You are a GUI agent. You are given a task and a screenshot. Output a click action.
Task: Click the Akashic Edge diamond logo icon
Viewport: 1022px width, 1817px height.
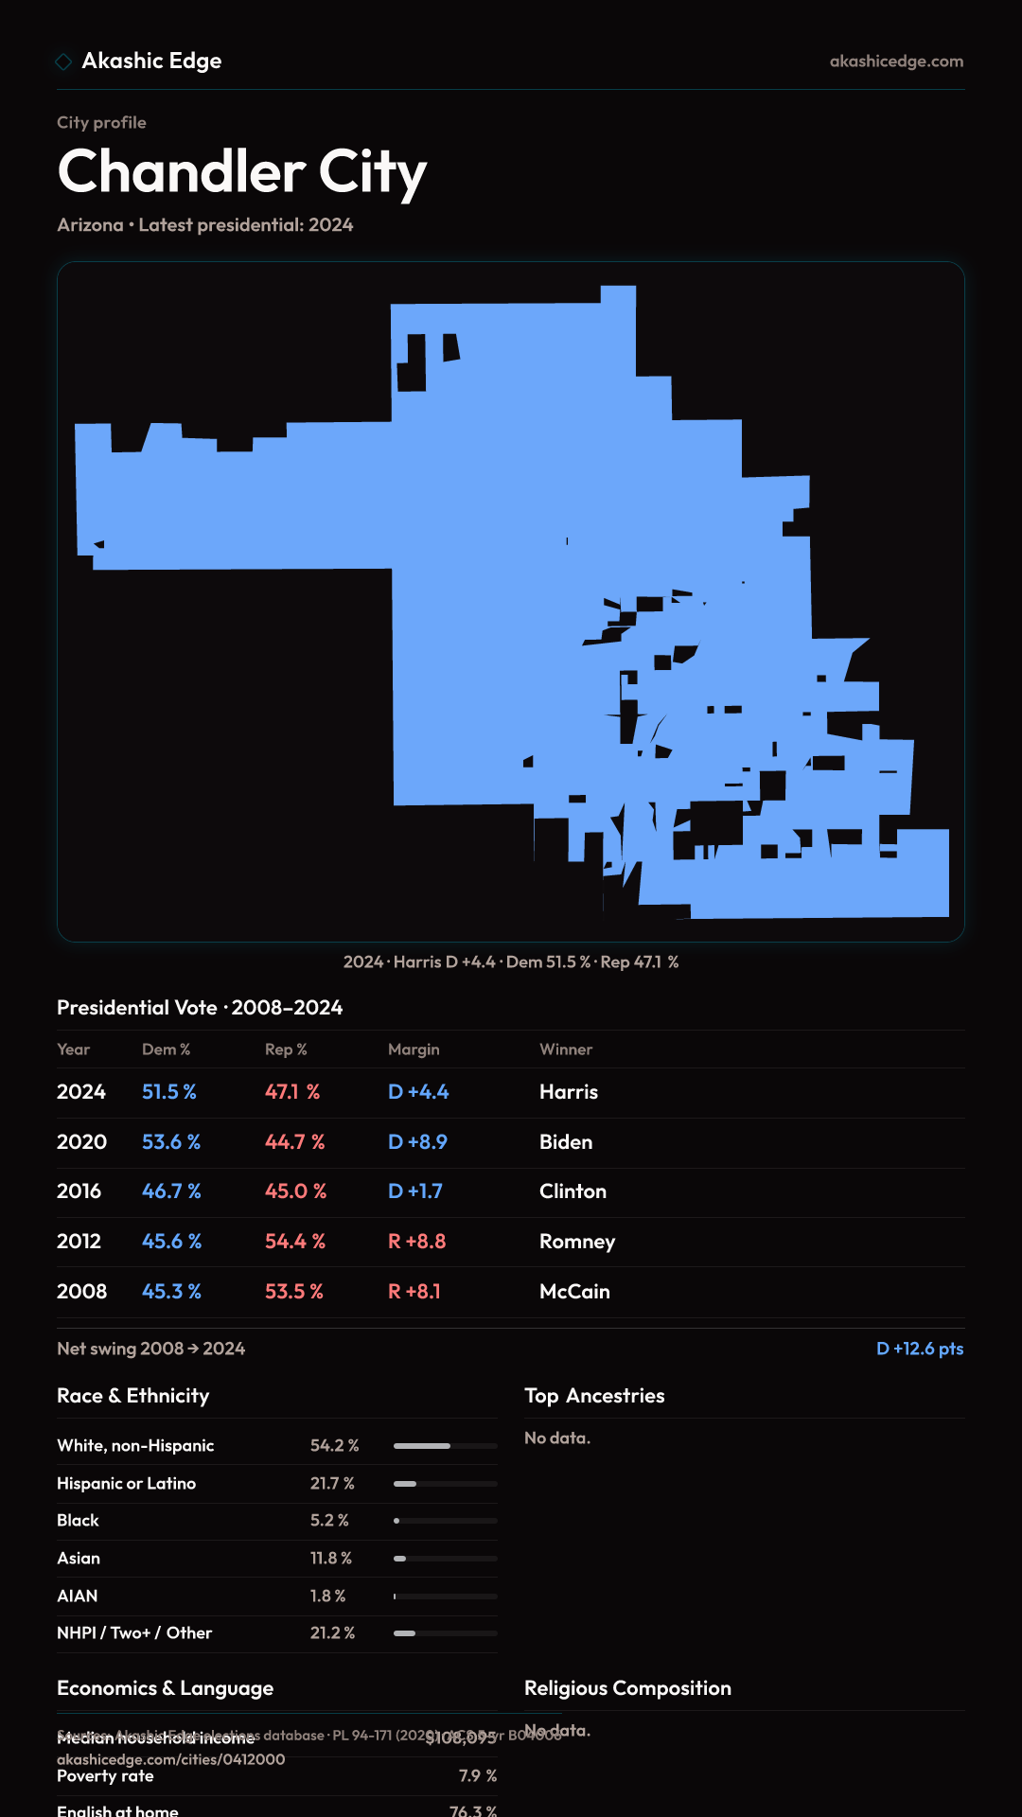63,62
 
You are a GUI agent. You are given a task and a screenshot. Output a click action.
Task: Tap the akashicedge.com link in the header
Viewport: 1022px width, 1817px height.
896,62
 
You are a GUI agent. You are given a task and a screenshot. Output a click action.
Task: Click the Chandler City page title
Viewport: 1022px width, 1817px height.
242,172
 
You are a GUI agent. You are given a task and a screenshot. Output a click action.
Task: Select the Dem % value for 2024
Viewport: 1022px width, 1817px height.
169,1092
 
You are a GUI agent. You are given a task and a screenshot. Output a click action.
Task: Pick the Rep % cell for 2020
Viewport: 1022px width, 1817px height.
294,1142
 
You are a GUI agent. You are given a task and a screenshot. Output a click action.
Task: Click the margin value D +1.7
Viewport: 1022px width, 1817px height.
415,1191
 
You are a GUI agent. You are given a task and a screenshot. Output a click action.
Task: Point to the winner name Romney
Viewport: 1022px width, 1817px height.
577,1242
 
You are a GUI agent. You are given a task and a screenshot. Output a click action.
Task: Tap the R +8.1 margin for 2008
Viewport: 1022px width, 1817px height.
414,1292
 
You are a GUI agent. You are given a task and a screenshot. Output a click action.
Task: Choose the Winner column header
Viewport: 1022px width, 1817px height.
566,1050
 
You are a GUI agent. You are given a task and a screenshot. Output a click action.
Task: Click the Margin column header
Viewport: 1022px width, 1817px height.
414,1050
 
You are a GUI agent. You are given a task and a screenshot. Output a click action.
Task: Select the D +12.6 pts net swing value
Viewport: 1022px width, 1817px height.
920,1349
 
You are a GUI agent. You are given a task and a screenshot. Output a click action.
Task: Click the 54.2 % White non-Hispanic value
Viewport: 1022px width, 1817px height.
334,1446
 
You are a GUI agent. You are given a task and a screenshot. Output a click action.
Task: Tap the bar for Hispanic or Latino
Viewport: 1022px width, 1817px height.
445,1484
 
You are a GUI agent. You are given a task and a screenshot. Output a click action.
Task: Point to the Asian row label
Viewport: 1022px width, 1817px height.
79,1559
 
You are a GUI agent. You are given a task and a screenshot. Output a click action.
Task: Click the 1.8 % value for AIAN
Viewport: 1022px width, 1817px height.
327,1596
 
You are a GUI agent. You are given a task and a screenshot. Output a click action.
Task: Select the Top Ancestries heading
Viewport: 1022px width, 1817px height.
594,1396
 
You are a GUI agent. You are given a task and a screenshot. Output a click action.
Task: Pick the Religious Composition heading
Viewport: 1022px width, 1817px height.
627,1688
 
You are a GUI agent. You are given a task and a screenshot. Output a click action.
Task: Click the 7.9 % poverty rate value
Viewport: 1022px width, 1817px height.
478,1776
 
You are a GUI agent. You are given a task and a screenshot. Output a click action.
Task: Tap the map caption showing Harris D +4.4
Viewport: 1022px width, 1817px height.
511,962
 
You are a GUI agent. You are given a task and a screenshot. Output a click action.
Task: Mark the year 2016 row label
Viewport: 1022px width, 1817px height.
79,1191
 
